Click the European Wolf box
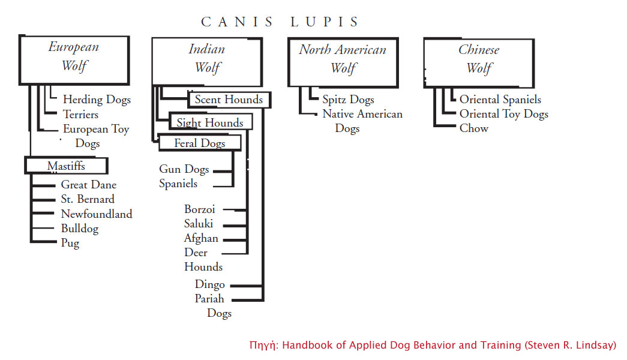coord(74,60)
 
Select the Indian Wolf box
coord(207,62)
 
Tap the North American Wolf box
coord(343,62)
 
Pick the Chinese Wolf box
coord(479,63)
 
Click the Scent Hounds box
coord(229,100)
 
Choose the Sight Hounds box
coord(211,122)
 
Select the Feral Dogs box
coord(200,143)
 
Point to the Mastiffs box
coord(67,166)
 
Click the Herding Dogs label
coord(97,100)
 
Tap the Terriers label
coord(80,115)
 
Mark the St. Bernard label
coord(88,199)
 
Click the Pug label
coord(70,243)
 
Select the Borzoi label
coord(200,209)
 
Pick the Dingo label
coord(209,285)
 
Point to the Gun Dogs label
coord(184,169)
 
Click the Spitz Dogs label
coord(348,100)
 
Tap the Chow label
coord(474,128)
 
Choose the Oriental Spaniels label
coord(500,100)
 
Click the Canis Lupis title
coord(280,22)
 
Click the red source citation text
coord(433,345)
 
